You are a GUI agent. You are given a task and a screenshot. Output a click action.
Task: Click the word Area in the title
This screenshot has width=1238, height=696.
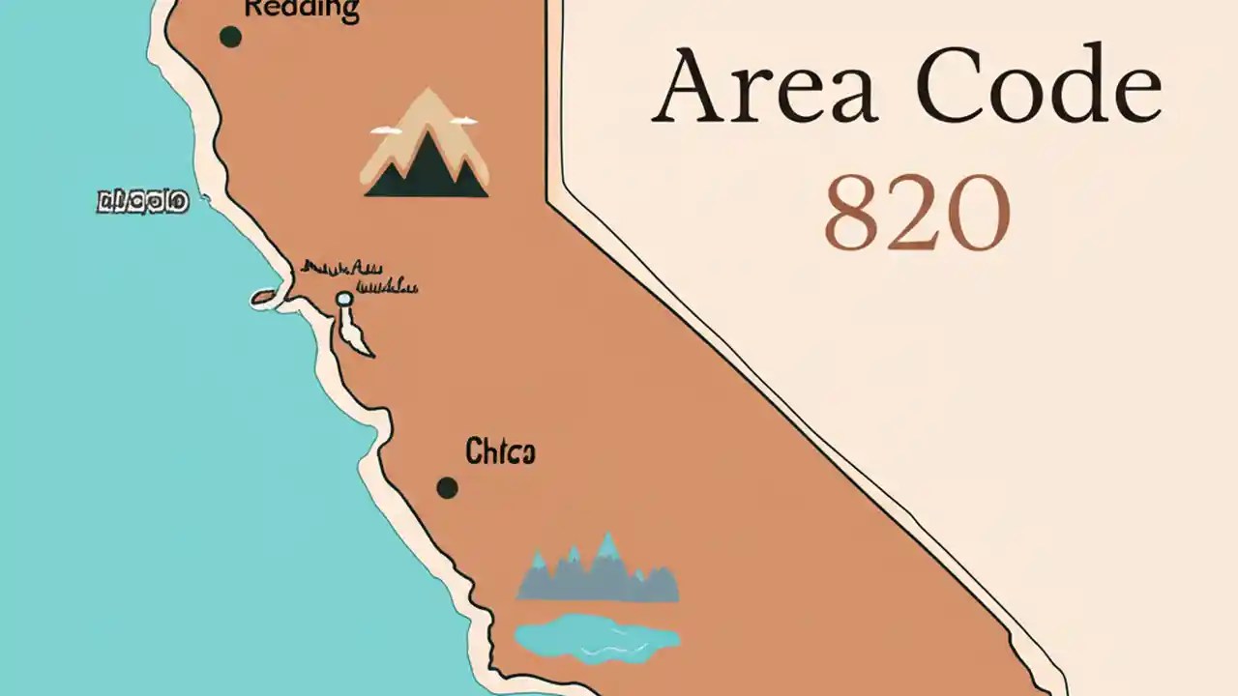pos(764,87)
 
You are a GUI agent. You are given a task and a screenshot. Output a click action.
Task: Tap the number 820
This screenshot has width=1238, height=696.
pos(916,214)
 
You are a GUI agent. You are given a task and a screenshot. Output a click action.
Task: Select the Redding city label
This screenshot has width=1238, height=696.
pos(301,11)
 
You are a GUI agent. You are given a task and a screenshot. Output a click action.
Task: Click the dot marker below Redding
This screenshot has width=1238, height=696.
pos(230,37)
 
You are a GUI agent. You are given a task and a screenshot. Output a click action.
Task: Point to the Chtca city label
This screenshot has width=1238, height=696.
pos(500,451)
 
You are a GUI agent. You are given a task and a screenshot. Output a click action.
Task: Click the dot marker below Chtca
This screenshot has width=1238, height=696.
pos(447,487)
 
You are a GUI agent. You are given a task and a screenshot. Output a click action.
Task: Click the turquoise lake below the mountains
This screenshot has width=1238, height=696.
pos(596,638)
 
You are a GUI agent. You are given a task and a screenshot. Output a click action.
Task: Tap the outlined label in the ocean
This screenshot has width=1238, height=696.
pos(142,202)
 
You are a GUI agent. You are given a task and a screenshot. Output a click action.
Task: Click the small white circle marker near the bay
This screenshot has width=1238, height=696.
pos(344,300)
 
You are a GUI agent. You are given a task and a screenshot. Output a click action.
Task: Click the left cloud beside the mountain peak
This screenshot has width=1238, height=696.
pos(386,130)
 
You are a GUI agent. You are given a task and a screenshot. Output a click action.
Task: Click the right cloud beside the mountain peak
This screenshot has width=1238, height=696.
pos(463,121)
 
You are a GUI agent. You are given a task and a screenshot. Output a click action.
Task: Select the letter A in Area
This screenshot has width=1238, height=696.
pos(690,87)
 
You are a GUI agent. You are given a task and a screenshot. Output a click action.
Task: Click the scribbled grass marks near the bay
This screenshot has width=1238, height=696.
pos(358,275)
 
